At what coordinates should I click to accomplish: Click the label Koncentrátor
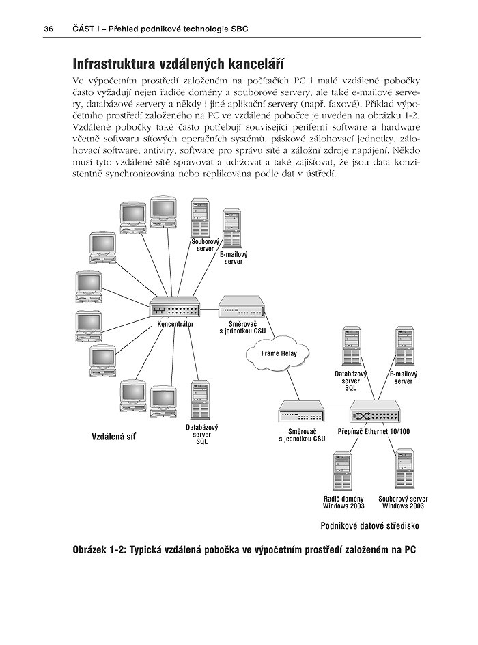(175, 325)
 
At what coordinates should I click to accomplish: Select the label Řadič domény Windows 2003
(343, 502)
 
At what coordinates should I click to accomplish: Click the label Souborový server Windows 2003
(403, 502)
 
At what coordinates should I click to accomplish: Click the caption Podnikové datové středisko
(369, 526)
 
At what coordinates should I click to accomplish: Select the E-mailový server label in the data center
(404, 378)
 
